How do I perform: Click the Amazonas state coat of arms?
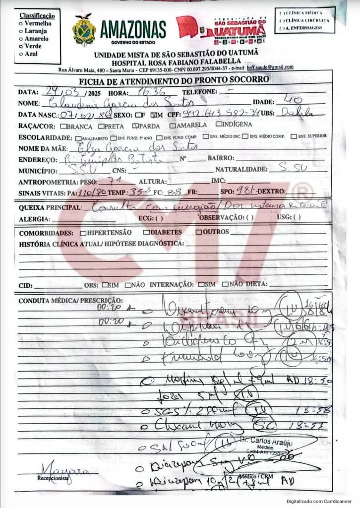84,30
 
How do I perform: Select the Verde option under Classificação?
21,46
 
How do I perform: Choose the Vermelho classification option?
21,23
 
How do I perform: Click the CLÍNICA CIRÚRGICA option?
282,20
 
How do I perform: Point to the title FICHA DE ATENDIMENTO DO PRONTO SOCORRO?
174,80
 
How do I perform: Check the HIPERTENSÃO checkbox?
82,232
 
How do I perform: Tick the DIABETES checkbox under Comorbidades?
146,232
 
